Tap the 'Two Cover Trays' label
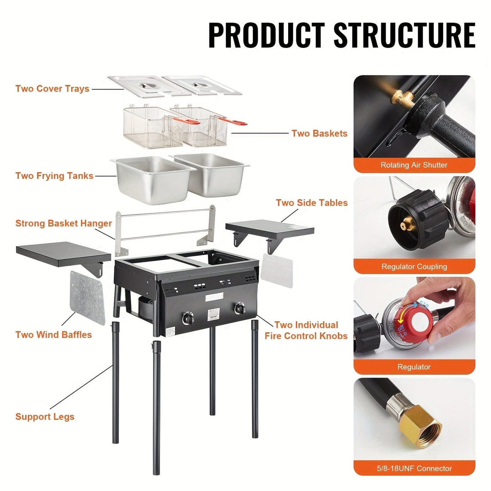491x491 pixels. click(52, 89)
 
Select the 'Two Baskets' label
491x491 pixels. click(319, 134)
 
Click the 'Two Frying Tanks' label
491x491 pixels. click(54, 176)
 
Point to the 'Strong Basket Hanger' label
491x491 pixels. click(64, 223)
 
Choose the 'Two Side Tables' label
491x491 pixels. click(312, 203)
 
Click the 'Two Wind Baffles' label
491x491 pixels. click(54, 335)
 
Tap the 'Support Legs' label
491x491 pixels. click(45, 417)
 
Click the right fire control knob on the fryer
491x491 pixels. click(240, 309)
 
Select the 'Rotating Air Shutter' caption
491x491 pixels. click(414, 165)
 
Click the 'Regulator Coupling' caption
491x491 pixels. click(414, 266)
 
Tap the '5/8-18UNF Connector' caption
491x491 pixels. click(414, 468)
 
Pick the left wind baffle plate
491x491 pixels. click(87, 298)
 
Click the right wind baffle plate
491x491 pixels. click(277, 270)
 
